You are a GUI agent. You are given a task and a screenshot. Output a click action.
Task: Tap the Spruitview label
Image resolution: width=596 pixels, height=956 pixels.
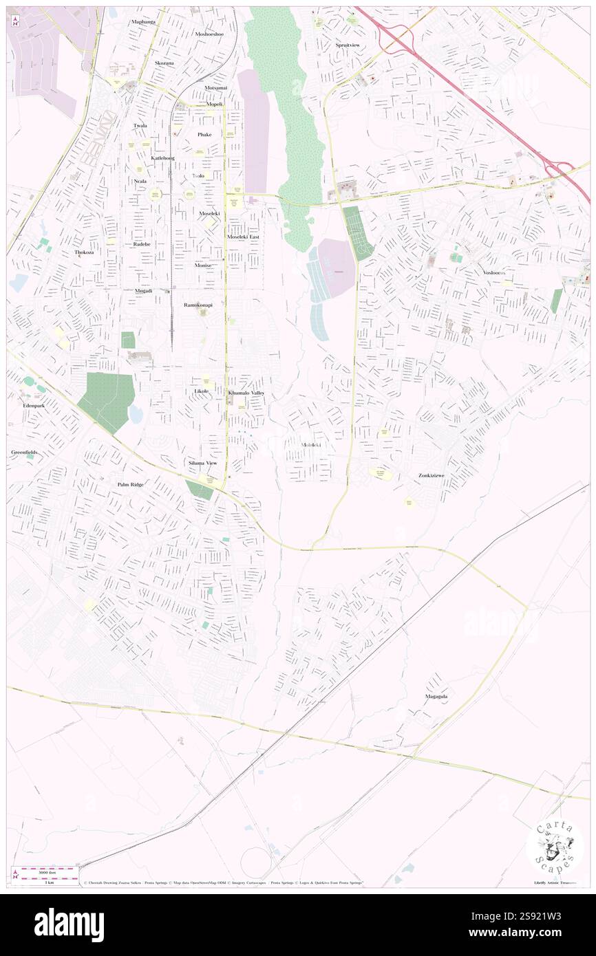(348, 45)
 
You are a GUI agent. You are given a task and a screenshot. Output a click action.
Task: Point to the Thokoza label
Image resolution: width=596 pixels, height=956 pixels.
(87, 252)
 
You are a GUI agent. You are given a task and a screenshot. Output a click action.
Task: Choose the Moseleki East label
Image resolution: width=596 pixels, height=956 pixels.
(244, 237)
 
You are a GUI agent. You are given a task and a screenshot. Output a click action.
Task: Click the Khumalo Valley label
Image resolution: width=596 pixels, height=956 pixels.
(246, 392)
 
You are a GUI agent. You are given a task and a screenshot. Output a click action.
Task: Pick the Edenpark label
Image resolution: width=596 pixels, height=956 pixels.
(28, 406)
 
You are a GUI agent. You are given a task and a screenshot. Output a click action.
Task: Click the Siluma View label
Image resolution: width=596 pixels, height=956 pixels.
(203, 463)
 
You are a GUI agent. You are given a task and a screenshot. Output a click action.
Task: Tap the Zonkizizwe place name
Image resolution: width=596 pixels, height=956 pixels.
(436, 475)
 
